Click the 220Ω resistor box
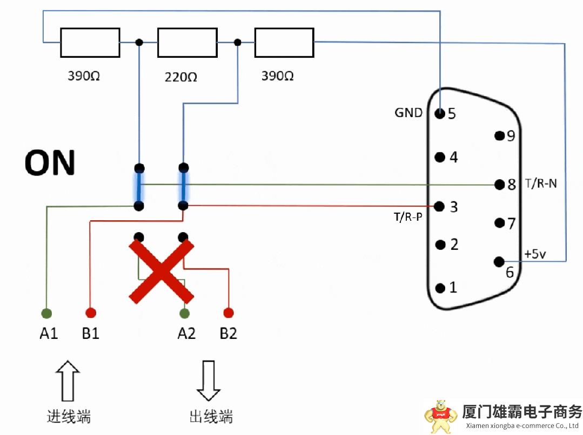pos(186,43)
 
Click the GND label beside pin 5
pos(408,113)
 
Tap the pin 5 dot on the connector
pos(440,113)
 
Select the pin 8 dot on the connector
pos(499,185)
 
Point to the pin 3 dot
pos(440,206)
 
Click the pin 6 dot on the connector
pos(499,262)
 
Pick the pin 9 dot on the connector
pos(499,135)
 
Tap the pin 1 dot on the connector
pos(440,288)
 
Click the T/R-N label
pos(541,184)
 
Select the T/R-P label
pos(407,218)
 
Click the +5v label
pos(535,254)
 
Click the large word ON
pos(50,163)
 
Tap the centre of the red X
pos(161,271)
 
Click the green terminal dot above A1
pos(47,312)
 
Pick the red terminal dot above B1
pos(91,312)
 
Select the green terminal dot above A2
pos(185,312)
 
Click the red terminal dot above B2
pos(229,312)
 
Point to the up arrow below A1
pos(68,381)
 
